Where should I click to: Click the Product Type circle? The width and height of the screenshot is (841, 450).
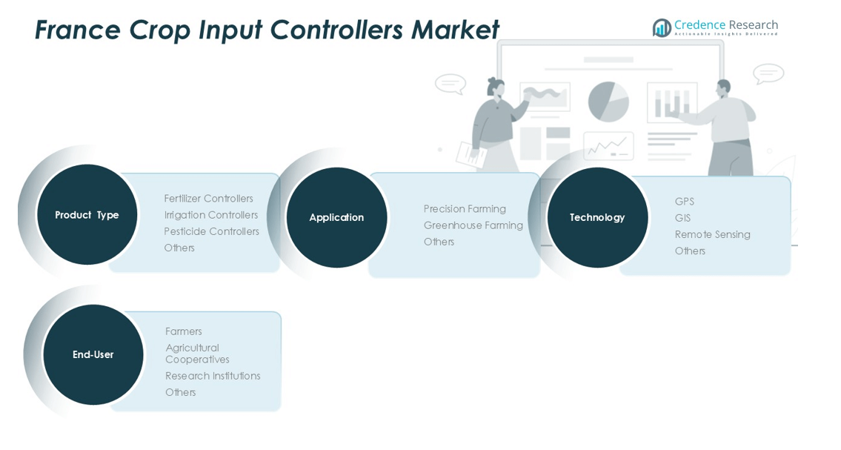(87, 215)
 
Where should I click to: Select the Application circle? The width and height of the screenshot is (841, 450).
(336, 217)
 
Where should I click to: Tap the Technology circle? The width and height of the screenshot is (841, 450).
(597, 217)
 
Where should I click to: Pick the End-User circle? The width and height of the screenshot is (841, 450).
(93, 354)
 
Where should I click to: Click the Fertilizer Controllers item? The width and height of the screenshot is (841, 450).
(208, 199)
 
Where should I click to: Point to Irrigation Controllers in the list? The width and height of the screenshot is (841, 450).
(211, 215)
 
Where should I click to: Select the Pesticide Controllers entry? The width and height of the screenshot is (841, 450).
(211, 231)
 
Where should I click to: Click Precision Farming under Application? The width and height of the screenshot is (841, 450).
(465, 209)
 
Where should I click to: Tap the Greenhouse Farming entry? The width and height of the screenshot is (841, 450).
(473, 225)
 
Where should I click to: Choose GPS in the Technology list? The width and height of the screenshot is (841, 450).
(684, 202)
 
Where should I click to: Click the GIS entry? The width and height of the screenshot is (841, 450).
(682, 218)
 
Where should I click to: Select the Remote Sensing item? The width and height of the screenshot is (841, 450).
(712, 234)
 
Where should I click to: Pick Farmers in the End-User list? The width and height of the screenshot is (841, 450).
(183, 331)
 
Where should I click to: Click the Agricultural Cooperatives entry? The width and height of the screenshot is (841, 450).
(196, 354)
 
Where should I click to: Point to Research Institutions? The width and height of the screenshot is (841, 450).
(213, 376)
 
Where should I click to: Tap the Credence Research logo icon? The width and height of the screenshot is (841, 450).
(662, 27)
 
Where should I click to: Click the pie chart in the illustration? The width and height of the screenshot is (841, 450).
(608, 102)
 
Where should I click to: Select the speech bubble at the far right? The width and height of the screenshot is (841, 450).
(768, 73)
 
